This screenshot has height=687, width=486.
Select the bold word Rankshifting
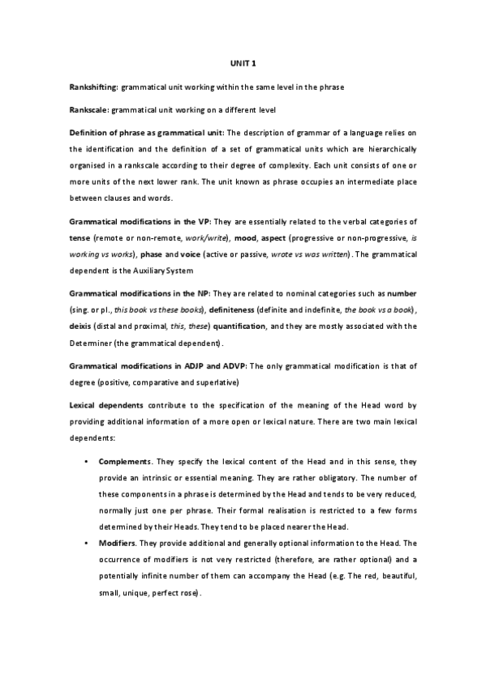pyautogui.click(x=93, y=86)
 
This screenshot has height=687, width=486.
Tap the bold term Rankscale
pyautogui.click(x=88, y=109)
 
